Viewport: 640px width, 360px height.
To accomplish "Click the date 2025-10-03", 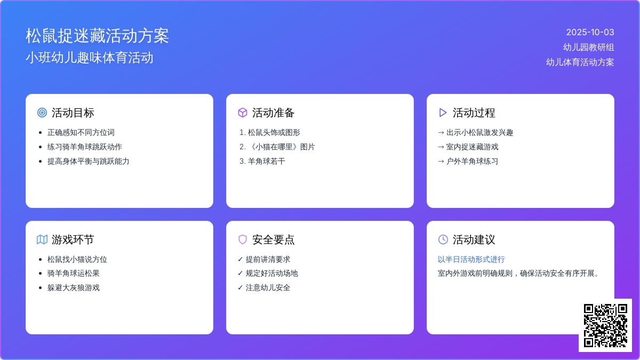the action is click(590, 33).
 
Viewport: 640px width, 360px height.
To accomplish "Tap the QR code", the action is click(605, 325).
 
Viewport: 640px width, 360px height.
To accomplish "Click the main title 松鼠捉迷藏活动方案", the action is click(97, 36).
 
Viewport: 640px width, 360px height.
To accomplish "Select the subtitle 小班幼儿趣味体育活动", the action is click(90, 58).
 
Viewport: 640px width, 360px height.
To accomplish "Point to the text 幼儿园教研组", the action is click(589, 47).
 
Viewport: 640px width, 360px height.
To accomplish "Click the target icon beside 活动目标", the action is click(42, 113).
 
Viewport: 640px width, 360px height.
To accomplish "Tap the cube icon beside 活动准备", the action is click(243, 113).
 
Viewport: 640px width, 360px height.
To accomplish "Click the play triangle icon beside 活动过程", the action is click(443, 113).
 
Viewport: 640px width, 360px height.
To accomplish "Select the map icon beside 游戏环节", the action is click(42, 239).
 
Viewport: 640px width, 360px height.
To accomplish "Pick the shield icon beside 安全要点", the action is click(243, 239).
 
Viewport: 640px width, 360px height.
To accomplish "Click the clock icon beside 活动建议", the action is click(443, 239).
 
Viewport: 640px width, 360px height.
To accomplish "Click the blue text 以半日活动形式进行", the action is click(471, 259).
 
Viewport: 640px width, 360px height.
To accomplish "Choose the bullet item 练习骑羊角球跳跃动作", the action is click(85, 147).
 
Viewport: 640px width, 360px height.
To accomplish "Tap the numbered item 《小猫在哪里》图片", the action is click(282, 147).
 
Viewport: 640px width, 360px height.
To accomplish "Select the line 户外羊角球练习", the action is click(472, 162).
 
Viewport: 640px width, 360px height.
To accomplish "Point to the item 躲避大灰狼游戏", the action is click(74, 287).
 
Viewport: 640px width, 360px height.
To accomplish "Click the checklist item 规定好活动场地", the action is click(271, 274).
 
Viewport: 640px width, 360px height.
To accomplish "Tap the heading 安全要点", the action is click(273, 239).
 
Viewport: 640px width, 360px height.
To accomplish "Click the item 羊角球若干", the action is click(266, 162).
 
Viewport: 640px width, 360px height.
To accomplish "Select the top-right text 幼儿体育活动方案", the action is click(580, 62).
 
